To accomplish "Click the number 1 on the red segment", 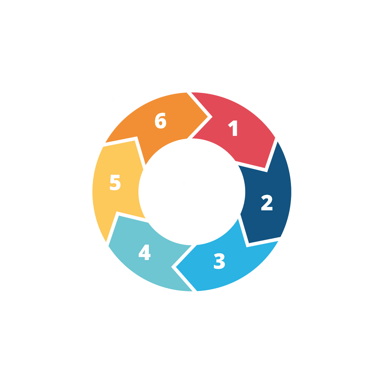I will click(x=234, y=128).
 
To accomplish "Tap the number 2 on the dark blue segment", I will click(x=267, y=203).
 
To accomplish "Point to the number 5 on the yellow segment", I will click(x=115, y=183).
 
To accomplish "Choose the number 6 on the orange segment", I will click(x=161, y=121).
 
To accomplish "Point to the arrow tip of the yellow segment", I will click(x=135, y=140).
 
